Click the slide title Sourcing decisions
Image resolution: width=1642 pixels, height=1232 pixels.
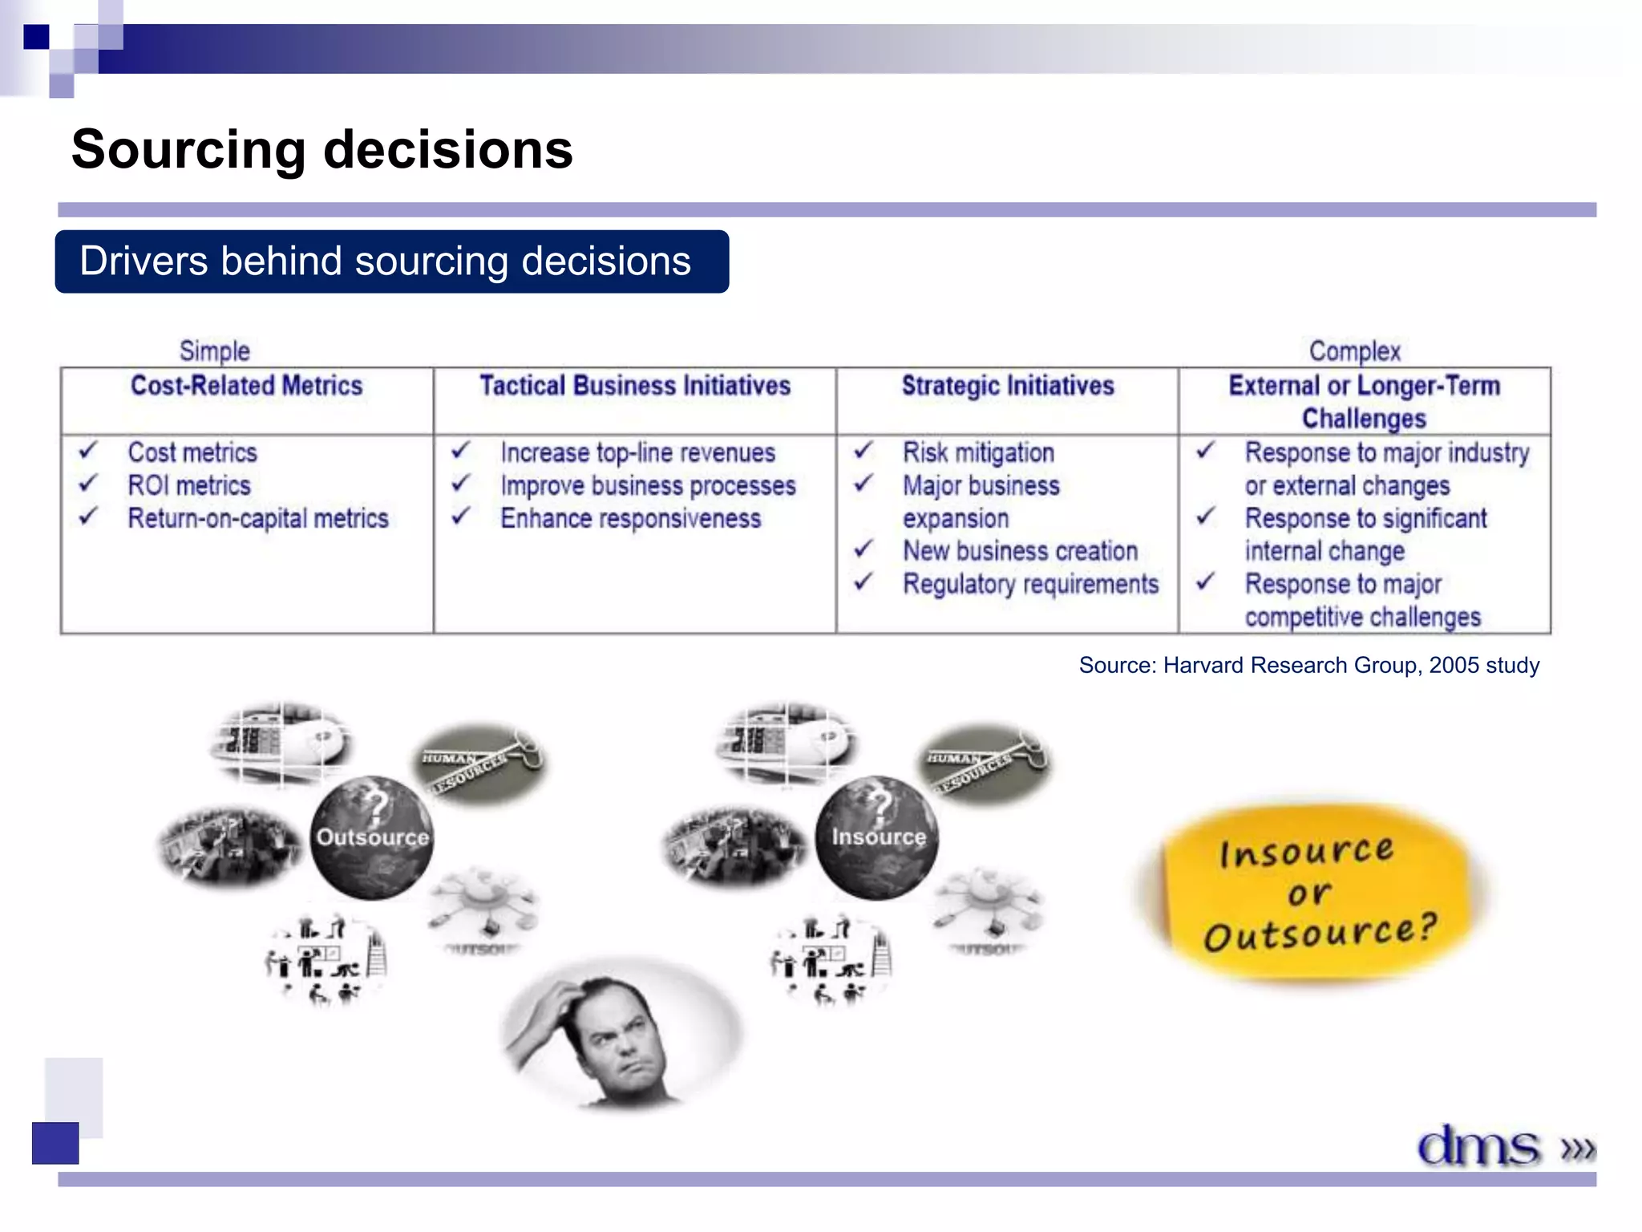322,150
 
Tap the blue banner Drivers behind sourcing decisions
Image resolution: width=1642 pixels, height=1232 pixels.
391,262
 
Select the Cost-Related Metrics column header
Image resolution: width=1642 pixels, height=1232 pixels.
247,386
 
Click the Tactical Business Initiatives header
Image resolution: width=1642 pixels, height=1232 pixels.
635,386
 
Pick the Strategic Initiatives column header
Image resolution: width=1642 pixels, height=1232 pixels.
1008,386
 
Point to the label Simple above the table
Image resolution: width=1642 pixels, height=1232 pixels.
214,351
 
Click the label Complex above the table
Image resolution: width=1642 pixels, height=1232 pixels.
1354,351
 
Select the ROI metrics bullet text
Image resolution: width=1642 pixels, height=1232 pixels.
189,485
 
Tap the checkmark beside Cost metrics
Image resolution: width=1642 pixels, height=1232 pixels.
87,450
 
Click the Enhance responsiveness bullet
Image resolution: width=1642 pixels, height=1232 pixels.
630,518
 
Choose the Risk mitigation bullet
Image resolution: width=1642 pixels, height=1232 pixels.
978,452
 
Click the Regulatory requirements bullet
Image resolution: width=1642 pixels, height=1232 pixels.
1030,584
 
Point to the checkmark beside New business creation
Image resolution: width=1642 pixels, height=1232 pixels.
863,549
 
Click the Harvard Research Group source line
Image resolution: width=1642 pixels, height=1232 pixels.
1308,665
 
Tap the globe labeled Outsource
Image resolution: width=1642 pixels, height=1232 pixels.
372,837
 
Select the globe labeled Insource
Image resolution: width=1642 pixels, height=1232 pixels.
877,837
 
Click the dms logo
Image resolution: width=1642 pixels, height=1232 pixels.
1480,1145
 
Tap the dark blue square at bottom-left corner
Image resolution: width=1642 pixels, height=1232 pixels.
55,1142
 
